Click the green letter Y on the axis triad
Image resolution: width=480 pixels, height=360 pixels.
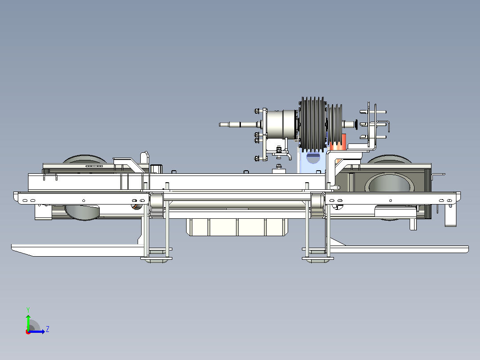pyautogui.click(x=28, y=310)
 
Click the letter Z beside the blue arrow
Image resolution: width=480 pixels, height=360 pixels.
pyautogui.click(x=48, y=329)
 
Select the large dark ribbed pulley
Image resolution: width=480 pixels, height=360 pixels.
pyautogui.click(x=313, y=124)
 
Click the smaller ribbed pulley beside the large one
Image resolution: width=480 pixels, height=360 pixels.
pyautogui.click(x=334, y=124)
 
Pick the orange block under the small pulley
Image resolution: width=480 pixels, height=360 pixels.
pyautogui.click(x=338, y=142)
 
